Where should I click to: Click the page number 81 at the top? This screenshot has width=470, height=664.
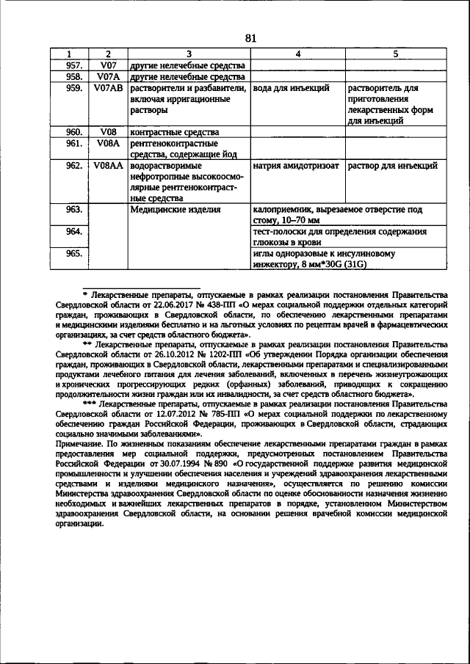tap(250, 39)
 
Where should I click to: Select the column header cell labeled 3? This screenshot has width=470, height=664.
tap(189, 54)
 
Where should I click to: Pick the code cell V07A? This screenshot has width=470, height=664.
tap(107, 76)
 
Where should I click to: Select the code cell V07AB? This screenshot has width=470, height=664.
tap(107, 88)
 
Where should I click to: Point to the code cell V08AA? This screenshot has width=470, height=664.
tap(107, 167)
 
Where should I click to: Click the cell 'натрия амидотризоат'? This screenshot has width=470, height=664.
tap(295, 167)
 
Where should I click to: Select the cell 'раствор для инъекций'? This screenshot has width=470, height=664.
tap(393, 167)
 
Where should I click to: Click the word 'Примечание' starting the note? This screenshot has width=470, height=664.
tap(79, 445)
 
